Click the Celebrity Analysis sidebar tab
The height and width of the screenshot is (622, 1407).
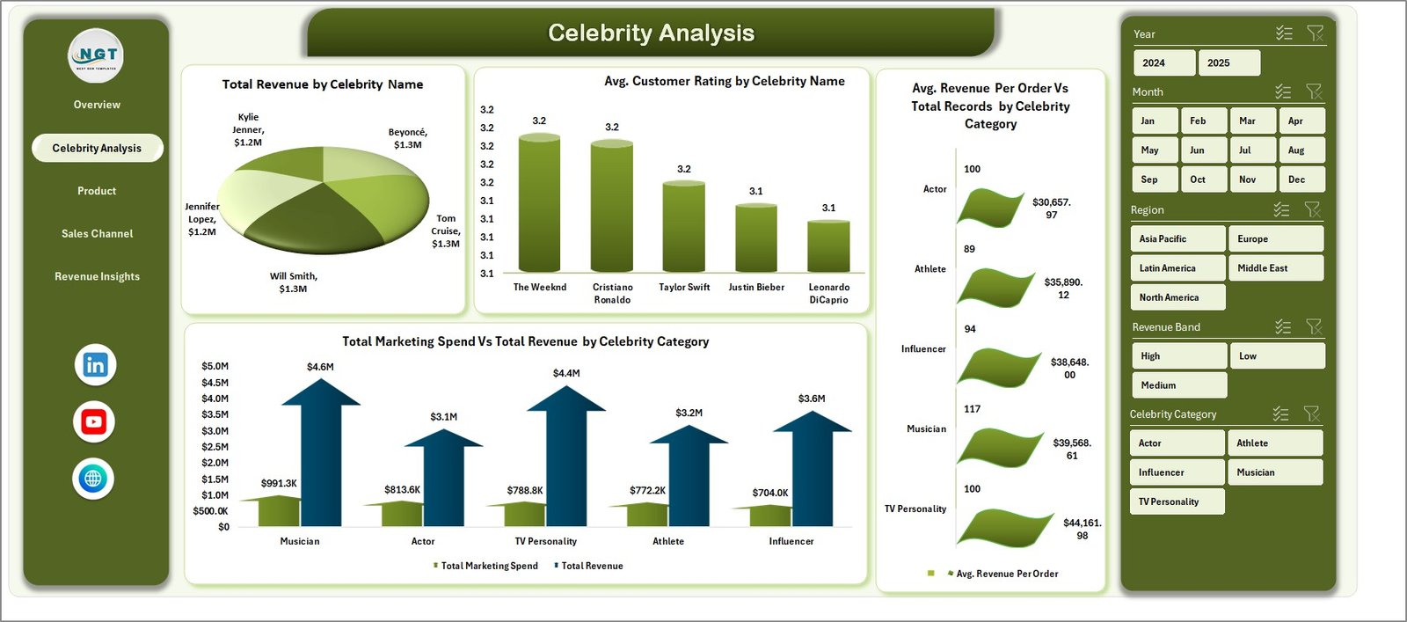coord(97,148)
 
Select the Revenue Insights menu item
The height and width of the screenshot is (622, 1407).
coord(97,276)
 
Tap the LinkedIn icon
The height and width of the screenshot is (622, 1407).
coord(95,365)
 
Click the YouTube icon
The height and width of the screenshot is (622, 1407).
coord(94,422)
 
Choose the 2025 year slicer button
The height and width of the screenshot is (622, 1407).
coord(1228,62)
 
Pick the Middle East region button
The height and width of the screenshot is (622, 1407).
coord(1275,268)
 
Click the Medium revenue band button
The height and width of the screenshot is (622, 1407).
coord(1177,385)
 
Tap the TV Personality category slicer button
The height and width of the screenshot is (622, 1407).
coord(1177,501)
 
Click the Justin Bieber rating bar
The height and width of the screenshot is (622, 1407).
coord(756,238)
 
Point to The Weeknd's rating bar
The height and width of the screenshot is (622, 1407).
coord(539,202)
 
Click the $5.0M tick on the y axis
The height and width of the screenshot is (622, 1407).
coord(215,366)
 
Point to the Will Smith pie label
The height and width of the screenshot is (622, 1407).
coord(293,282)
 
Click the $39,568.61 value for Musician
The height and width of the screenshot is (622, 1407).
coord(1071,449)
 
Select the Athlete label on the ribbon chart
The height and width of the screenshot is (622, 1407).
coord(929,269)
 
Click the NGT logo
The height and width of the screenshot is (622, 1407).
coord(96,55)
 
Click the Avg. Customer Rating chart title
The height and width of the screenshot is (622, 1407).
coord(724,81)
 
